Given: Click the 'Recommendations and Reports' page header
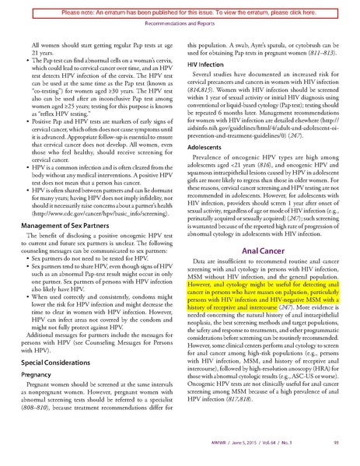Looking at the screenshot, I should [180, 22].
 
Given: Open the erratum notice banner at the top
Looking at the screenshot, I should [180, 6].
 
